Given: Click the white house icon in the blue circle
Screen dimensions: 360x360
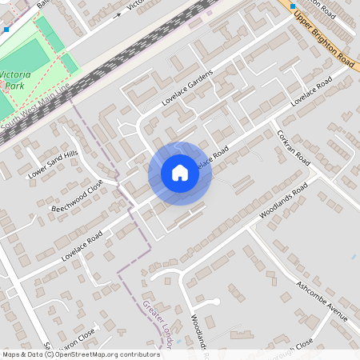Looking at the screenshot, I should click(179, 173).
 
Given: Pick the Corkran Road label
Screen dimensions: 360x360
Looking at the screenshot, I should click(293, 147).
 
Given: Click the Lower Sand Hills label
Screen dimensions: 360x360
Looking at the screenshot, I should click(54, 163).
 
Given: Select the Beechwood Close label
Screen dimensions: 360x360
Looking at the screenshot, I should click(78, 195).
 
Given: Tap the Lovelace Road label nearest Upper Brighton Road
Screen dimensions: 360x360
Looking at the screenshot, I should click(311, 93).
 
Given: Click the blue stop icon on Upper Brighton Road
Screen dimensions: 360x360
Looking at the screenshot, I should click(292, 6).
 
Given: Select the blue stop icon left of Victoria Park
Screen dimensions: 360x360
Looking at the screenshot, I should click(6, 29).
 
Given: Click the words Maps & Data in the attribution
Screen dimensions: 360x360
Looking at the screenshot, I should click(22, 354).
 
